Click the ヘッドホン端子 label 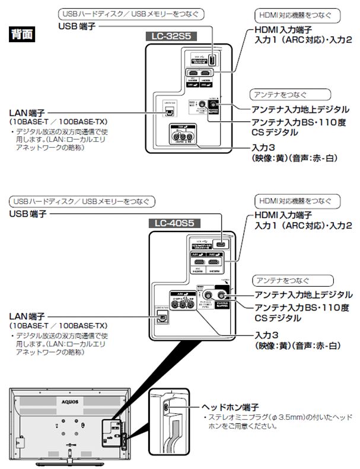231,407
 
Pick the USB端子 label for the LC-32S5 77,26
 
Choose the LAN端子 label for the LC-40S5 28,316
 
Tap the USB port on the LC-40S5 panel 221,245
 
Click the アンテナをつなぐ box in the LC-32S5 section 282,94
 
